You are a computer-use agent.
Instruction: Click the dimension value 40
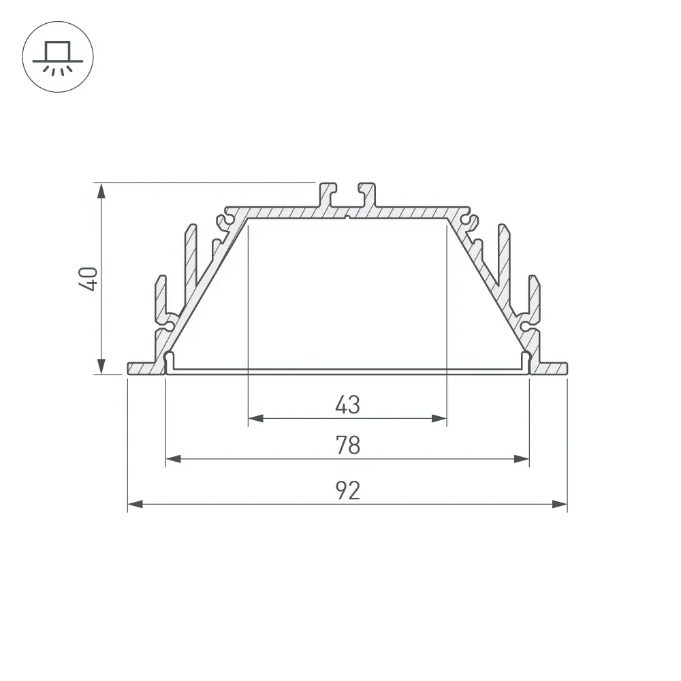pos(88,279)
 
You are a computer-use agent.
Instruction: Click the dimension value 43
pos(347,405)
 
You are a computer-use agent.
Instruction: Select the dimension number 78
pos(348,445)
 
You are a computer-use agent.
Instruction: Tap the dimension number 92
pos(348,491)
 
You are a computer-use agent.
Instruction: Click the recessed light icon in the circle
pos(58,58)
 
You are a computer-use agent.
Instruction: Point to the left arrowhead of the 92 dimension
pos(135,504)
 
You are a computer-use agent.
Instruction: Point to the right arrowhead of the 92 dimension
pos(560,504)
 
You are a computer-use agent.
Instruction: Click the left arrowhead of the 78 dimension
pos(173,458)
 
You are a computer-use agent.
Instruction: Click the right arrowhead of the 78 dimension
pos(522,458)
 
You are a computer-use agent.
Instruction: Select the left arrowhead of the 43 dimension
pos(256,419)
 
